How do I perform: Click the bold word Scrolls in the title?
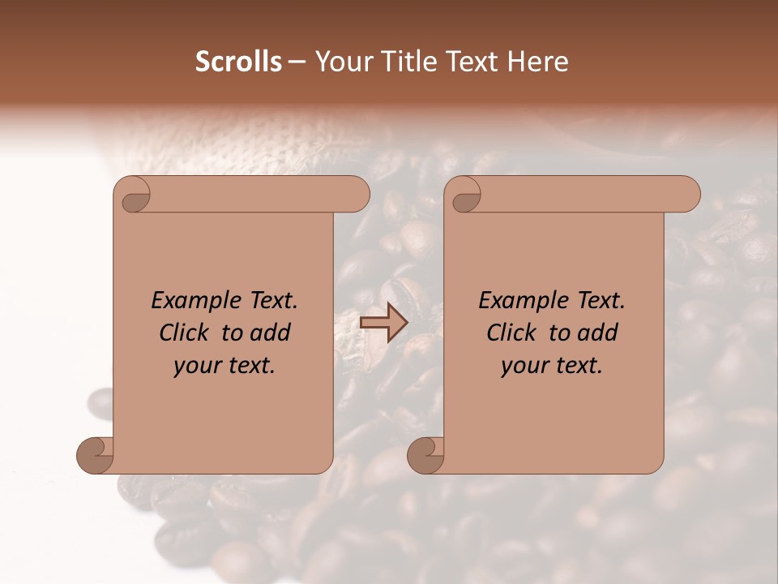tap(239, 62)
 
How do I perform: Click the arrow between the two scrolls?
tap(383, 323)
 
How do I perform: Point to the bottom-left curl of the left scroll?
tap(94, 455)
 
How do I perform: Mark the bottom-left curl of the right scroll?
tap(425, 455)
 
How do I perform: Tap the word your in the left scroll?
tap(195, 366)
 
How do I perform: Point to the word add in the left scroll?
tap(271, 333)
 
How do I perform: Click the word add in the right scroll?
tap(599, 333)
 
